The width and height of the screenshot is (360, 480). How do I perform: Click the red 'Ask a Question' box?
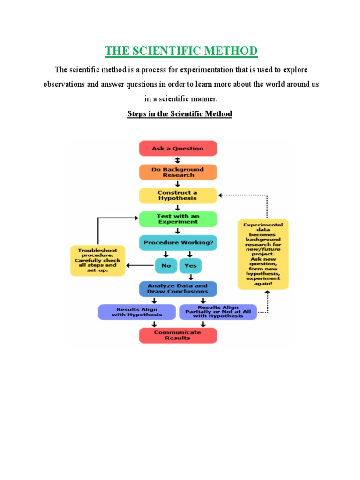click(x=178, y=148)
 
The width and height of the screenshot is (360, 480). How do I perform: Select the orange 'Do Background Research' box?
click(x=178, y=172)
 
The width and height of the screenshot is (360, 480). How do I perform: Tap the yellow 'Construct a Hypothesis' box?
click(x=178, y=195)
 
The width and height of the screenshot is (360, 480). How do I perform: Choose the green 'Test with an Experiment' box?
click(x=178, y=219)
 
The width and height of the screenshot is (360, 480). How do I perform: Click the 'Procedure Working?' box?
click(x=178, y=242)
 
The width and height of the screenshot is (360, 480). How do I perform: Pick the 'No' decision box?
click(x=166, y=265)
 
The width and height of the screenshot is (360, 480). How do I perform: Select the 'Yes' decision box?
click(x=190, y=265)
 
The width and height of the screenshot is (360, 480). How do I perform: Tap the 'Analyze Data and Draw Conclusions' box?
click(x=178, y=288)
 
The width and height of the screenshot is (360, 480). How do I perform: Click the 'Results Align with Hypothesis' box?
click(x=137, y=312)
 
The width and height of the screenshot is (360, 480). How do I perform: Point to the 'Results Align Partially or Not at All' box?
click(x=218, y=312)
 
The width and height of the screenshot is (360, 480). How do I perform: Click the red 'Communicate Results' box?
click(x=178, y=335)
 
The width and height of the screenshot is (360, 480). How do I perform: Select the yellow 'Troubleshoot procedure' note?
click(x=98, y=260)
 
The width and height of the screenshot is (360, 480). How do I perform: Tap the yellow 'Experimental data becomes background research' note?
click(x=263, y=254)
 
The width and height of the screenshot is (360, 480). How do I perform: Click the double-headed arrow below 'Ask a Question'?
click(x=178, y=160)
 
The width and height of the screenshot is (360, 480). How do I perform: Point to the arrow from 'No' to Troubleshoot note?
click(x=141, y=266)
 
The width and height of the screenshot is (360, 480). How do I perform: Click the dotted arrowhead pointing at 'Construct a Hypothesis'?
click(x=222, y=195)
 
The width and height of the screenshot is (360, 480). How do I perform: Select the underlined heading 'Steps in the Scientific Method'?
click(x=180, y=114)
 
